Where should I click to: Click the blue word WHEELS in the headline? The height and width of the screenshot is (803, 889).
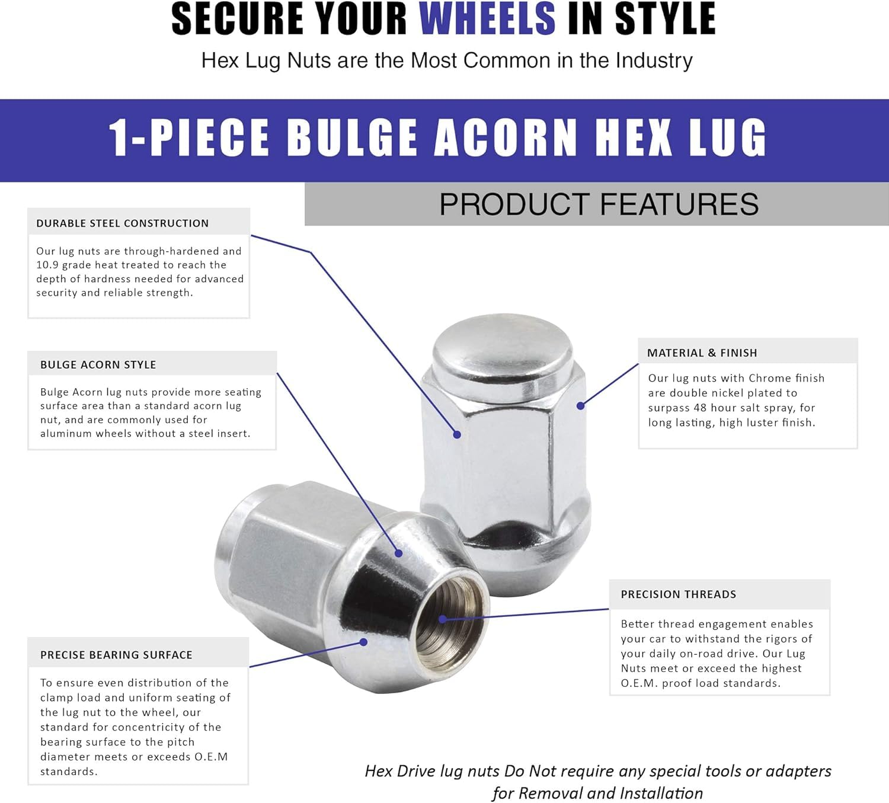coord(487,19)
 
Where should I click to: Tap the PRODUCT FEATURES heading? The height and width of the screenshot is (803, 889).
coord(599,204)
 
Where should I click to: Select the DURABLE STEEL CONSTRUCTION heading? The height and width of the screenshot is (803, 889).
coord(123,223)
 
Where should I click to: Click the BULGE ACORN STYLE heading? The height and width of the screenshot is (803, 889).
coord(98,365)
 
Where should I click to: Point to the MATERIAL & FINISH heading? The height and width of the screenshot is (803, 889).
coord(702,353)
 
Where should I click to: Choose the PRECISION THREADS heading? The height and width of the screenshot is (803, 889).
coord(678,594)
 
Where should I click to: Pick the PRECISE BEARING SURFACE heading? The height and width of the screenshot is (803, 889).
coord(116,655)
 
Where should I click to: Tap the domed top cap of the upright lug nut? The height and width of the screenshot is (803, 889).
coord(503,344)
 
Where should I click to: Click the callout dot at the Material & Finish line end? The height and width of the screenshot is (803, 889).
coord(580,406)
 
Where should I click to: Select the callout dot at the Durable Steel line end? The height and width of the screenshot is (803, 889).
coord(457,434)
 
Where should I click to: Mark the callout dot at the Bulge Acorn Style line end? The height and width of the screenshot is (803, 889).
coord(399,553)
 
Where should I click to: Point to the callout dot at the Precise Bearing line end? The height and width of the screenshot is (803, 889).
coord(364,642)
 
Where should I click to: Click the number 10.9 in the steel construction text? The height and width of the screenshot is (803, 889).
coord(47,265)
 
